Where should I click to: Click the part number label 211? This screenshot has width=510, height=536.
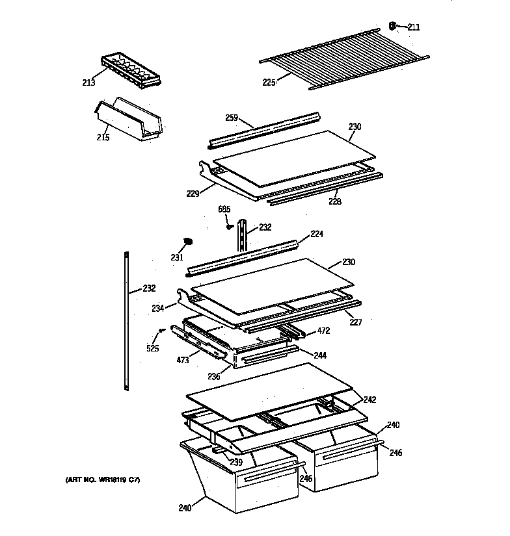click(x=414, y=27)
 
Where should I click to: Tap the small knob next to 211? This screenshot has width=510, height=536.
click(x=394, y=26)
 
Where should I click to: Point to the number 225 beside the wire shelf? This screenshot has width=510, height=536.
click(x=269, y=82)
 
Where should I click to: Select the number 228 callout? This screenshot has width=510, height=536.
click(x=334, y=201)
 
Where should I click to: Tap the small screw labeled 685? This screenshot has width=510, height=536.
click(x=230, y=227)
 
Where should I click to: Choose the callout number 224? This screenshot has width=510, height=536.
click(x=317, y=234)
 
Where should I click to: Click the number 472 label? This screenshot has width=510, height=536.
click(x=323, y=331)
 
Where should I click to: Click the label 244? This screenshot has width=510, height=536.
click(x=319, y=355)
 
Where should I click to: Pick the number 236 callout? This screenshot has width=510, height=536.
click(x=213, y=377)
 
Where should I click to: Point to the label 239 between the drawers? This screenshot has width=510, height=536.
click(x=235, y=462)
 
